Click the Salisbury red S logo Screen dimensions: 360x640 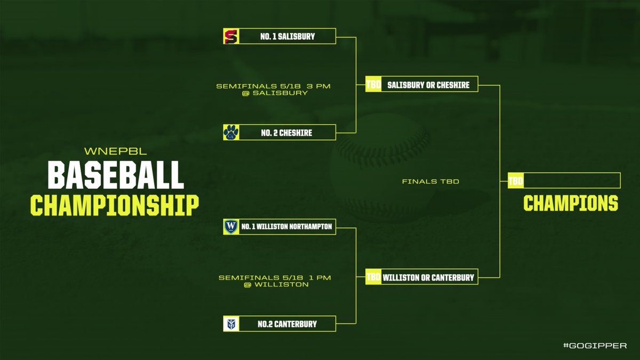click(231, 36)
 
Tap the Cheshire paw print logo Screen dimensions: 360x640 click(231, 132)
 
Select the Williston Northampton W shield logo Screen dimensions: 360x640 click(231, 227)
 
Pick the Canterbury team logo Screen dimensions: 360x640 click(231, 324)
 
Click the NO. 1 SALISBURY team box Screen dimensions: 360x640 click(287, 36)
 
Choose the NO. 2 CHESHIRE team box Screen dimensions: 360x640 click(287, 132)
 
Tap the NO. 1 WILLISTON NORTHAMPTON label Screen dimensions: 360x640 click(286, 227)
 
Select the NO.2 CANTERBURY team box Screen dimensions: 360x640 click(287, 324)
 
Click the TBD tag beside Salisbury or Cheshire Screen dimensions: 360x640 click(373, 84)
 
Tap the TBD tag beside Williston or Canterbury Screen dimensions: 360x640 click(373, 277)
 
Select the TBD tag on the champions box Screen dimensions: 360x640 click(515, 181)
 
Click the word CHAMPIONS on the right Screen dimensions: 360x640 click(570, 203)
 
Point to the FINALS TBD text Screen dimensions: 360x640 click(431, 182)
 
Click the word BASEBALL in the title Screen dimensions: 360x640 click(115, 175)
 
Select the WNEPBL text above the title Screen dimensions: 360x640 click(115, 151)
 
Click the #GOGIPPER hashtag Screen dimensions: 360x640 click(595, 346)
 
